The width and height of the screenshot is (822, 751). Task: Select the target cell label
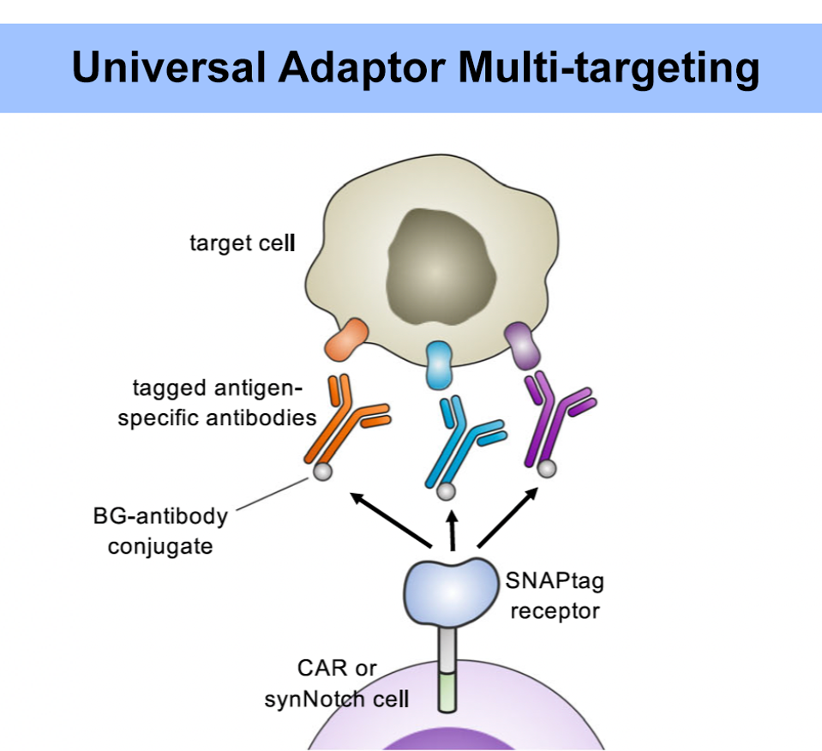[x=242, y=243]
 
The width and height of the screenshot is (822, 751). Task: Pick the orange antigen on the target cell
[x=346, y=339]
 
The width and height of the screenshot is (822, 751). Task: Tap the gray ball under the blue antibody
[x=446, y=491]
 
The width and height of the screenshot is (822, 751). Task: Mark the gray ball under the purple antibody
[x=547, y=467]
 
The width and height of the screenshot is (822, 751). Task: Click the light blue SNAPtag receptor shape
[x=449, y=591]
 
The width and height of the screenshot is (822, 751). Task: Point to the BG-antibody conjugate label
[x=160, y=531]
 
